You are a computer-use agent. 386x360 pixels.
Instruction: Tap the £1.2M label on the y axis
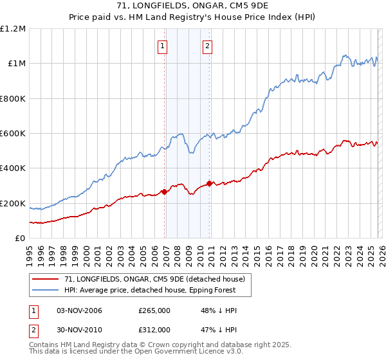point(14,29)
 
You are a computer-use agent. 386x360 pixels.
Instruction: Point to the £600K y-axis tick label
point(13,134)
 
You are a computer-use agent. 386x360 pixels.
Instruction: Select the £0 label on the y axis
point(20,239)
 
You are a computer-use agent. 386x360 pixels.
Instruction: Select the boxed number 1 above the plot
point(163,46)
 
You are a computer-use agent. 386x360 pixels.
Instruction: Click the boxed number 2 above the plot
point(208,46)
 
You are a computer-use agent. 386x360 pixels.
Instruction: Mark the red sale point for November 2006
point(165,192)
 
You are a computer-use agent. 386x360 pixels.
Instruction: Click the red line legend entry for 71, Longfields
point(154,280)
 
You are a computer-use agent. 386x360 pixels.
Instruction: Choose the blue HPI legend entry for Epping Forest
point(149,290)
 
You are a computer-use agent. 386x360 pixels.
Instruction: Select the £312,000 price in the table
point(154,329)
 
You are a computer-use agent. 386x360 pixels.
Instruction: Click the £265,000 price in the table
point(154,310)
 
